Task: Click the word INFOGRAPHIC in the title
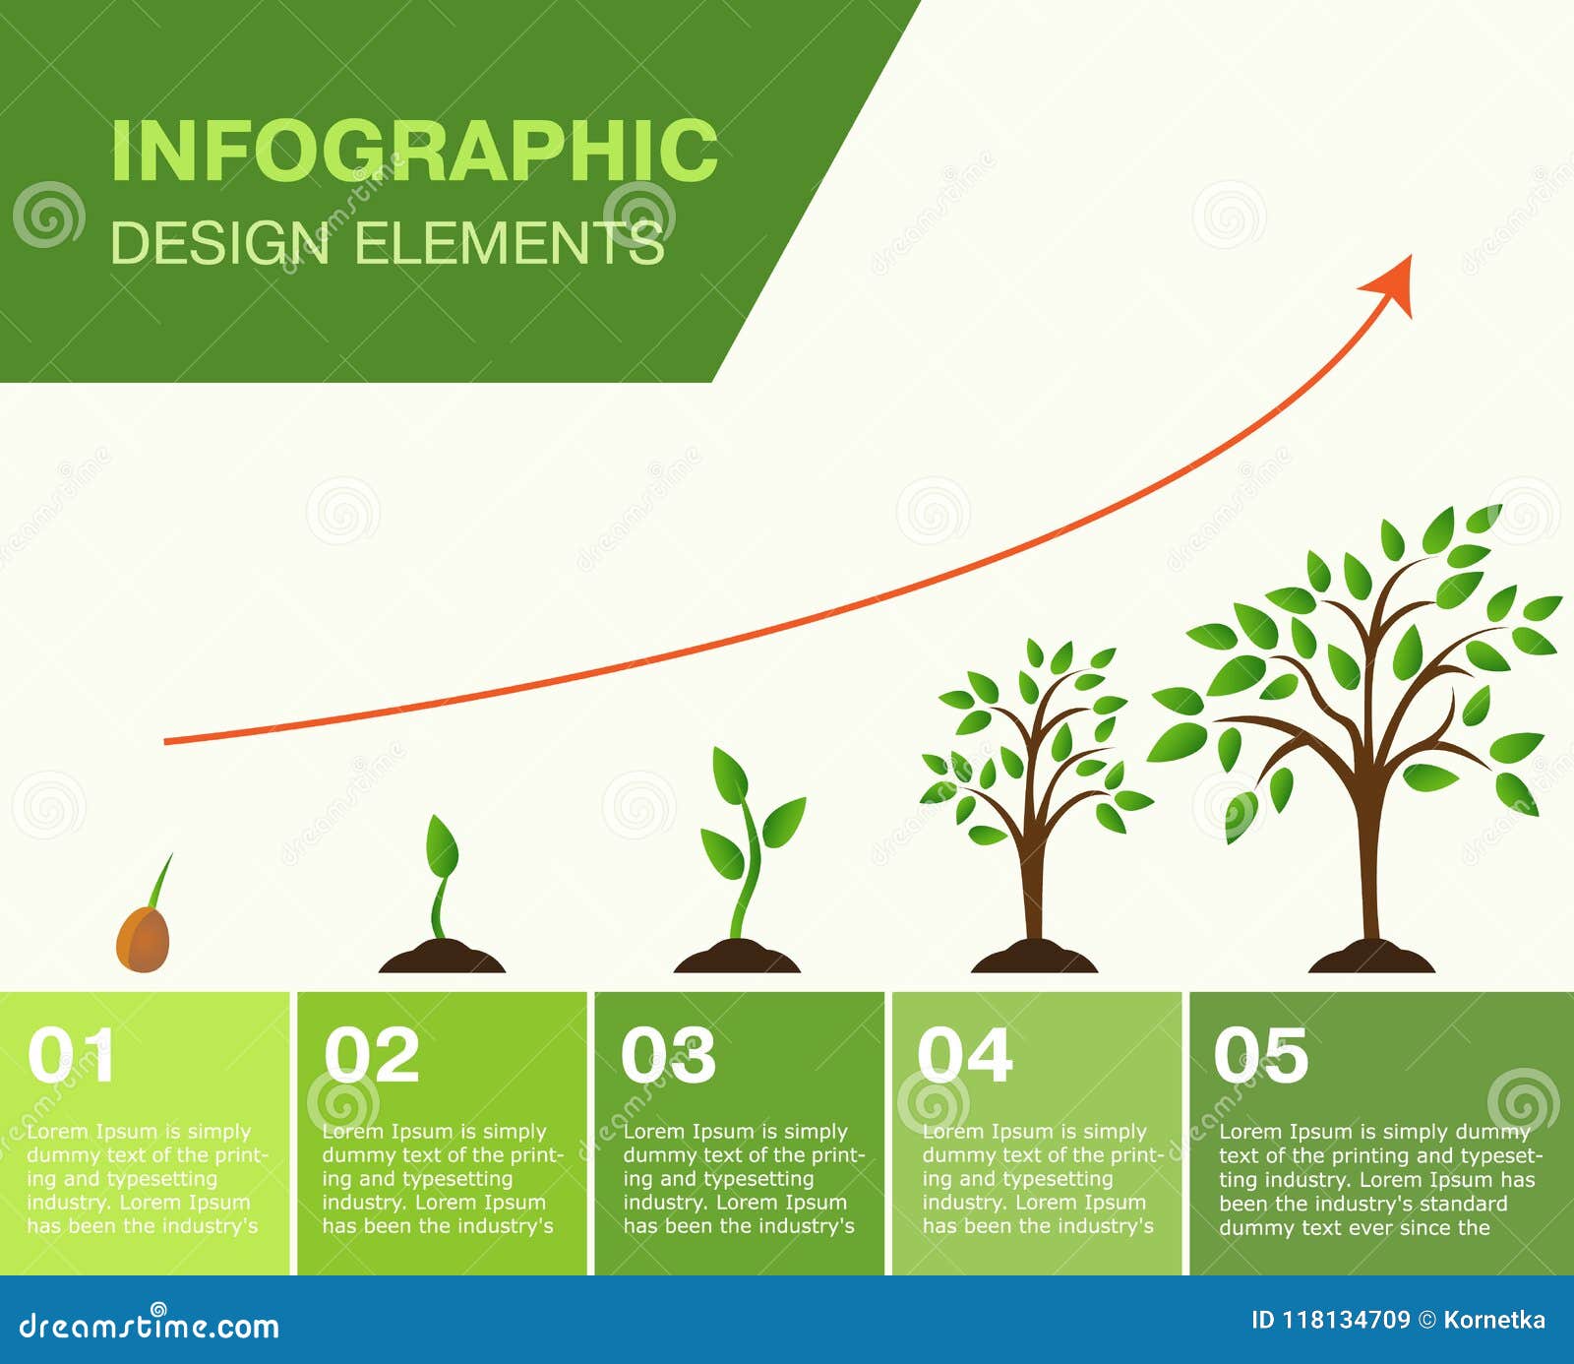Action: click(x=414, y=150)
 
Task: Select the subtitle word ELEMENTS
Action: click(x=509, y=243)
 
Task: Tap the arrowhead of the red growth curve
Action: click(x=1389, y=284)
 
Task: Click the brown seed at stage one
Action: click(x=143, y=940)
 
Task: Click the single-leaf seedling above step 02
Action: click(x=441, y=876)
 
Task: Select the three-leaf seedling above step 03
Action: click(x=753, y=841)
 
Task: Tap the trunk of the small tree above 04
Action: click(x=1033, y=886)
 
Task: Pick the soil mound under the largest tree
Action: click(x=1371, y=957)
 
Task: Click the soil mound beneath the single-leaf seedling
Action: click(x=442, y=957)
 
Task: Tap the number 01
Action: click(x=71, y=1055)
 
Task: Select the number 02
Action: click(x=372, y=1055)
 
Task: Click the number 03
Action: click(x=669, y=1055)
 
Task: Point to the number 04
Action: click(x=965, y=1055)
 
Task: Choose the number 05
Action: click(x=1261, y=1055)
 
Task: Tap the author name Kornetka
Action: click(x=1494, y=1321)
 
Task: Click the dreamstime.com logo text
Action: click(x=150, y=1326)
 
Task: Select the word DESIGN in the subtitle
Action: click(x=219, y=243)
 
